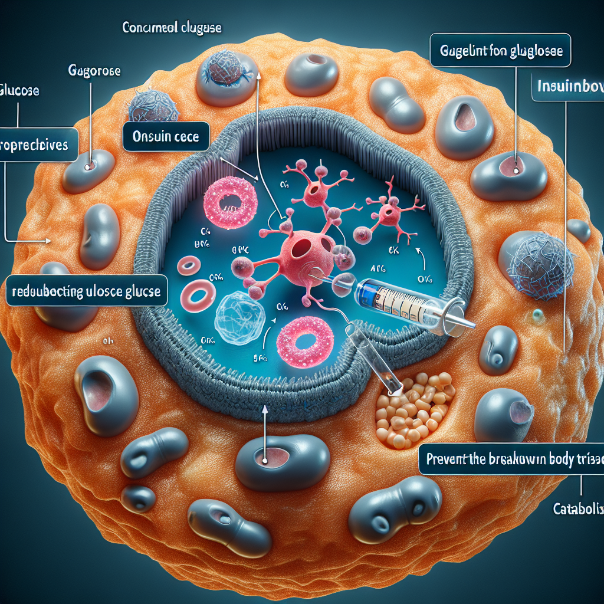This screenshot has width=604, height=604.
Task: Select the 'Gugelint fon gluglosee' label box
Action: (501, 51)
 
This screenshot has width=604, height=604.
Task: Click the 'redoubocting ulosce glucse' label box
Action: (87, 291)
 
